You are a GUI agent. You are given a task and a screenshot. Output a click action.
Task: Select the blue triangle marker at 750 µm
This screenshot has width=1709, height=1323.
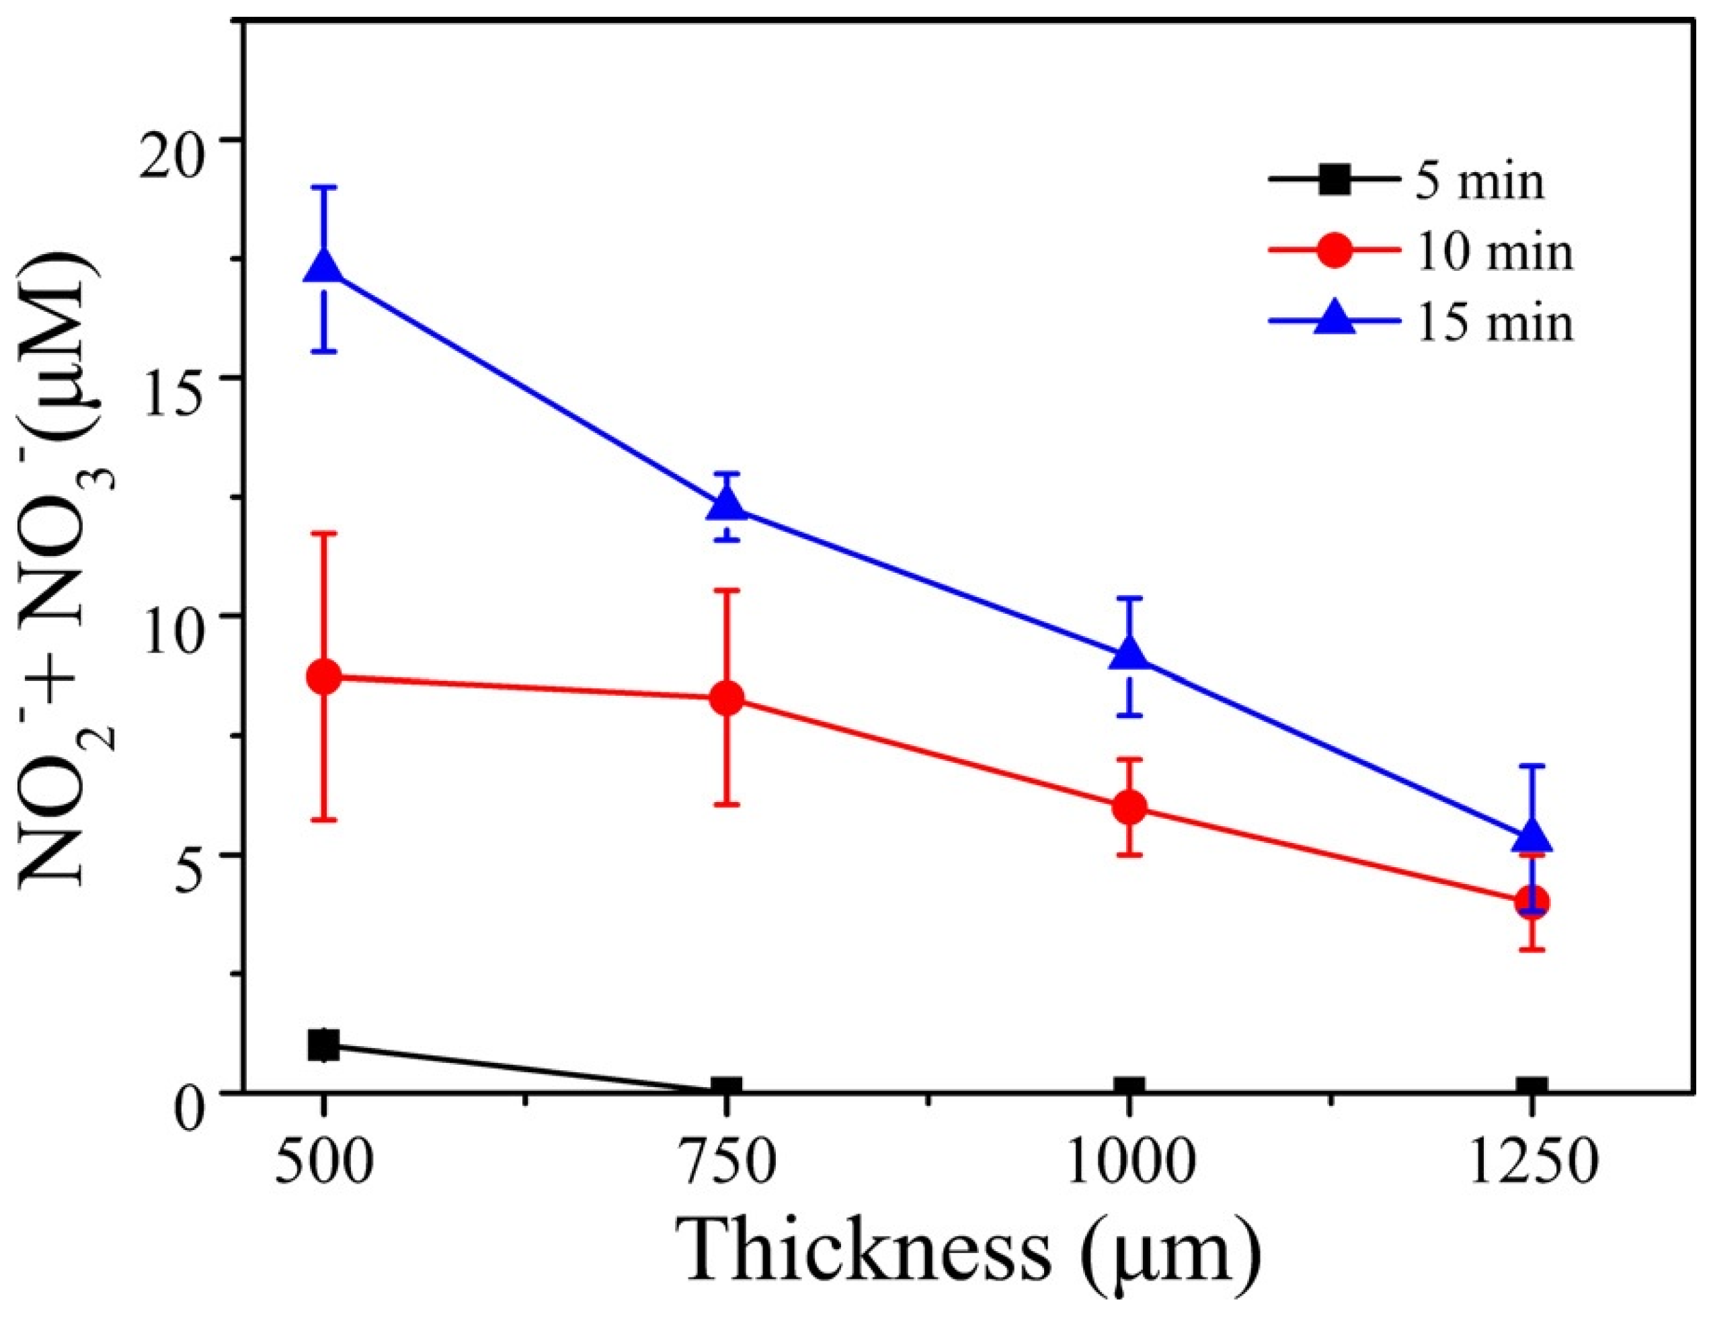click(x=727, y=506)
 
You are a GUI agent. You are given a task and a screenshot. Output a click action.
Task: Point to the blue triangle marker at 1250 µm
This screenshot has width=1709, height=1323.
click(x=1532, y=837)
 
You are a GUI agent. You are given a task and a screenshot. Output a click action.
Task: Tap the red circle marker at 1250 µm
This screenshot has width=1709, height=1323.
click(x=1532, y=901)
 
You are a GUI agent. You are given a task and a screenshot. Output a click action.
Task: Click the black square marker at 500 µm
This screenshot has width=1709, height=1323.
click(x=324, y=1045)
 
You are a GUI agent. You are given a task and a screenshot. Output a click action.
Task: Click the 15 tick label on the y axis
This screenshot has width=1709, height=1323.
click(x=178, y=378)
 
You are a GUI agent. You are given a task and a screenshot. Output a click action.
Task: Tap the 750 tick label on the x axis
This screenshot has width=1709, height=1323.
click(x=727, y=1166)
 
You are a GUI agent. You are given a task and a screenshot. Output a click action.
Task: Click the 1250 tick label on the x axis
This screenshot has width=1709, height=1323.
click(x=1532, y=1166)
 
